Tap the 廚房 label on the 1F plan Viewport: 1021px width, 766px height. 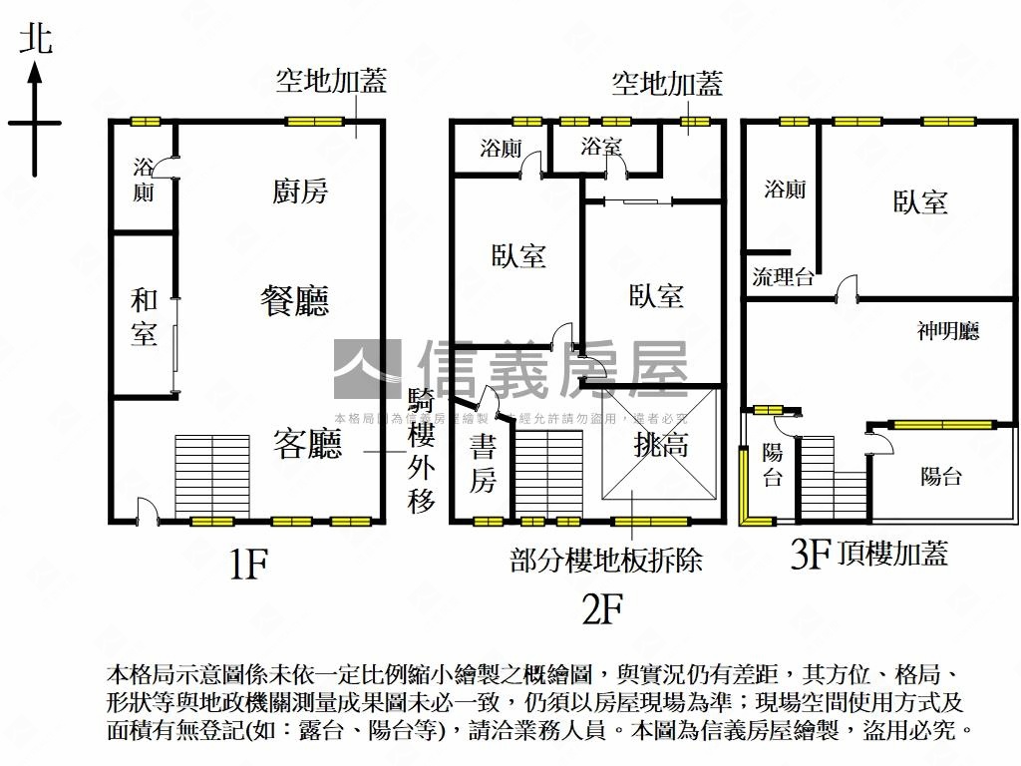click(x=300, y=191)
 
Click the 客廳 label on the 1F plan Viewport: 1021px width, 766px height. click(x=308, y=445)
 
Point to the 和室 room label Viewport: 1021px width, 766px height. click(x=144, y=317)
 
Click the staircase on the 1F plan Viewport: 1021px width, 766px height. click(x=211, y=476)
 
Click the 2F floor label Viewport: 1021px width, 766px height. click(x=602, y=607)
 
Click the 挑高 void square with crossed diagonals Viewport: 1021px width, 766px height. click(x=661, y=445)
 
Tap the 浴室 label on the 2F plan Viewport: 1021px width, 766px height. click(x=601, y=148)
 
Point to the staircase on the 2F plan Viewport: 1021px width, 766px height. click(x=549, y=474)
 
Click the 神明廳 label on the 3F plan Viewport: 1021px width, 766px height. click(x=948, y=331)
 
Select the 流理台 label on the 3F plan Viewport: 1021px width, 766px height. click(x=783, y=277)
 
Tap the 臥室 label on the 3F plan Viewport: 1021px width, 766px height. click(x=919, y=202)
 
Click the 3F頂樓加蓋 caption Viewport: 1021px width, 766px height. click(x=868, y=554)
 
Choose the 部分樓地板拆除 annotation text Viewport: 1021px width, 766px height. click(x=606, y=560)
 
